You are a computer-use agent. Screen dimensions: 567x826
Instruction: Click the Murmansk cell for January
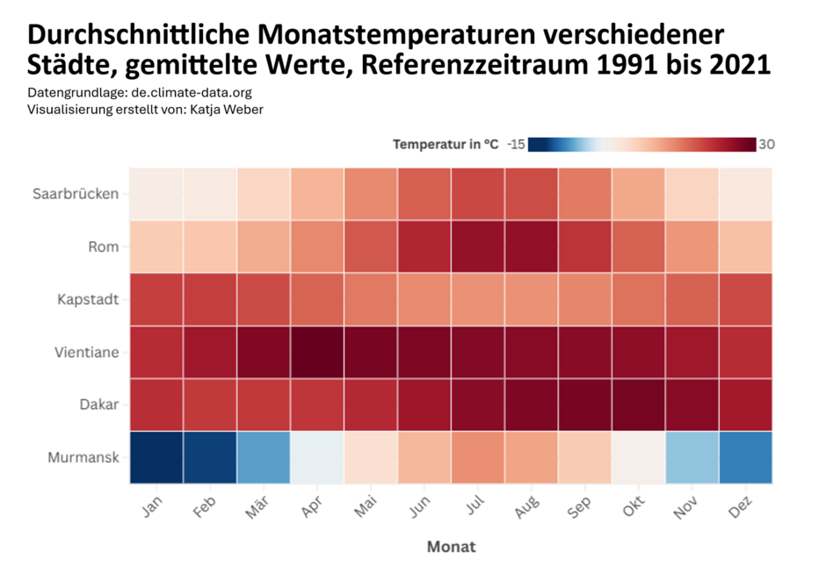click(x=156, y=456)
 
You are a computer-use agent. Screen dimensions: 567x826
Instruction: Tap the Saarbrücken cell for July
click(x=478, y=193)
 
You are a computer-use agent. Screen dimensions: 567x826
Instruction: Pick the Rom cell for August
click(x=532, y=246)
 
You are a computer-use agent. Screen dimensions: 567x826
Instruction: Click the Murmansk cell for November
click(x=692, y=456)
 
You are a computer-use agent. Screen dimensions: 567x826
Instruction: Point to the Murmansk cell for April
click(x=317, y=456)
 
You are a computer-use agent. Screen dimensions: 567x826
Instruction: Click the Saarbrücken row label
click(x=75, y=193)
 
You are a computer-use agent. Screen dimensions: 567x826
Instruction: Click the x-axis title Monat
click(x=451, y=546)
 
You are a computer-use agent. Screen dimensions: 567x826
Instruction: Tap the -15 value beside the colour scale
click(x=516, y=145)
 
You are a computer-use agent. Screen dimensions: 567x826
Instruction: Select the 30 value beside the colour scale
click(x=766, y=145)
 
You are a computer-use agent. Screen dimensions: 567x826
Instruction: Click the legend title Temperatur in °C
click(x=446, y=145)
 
